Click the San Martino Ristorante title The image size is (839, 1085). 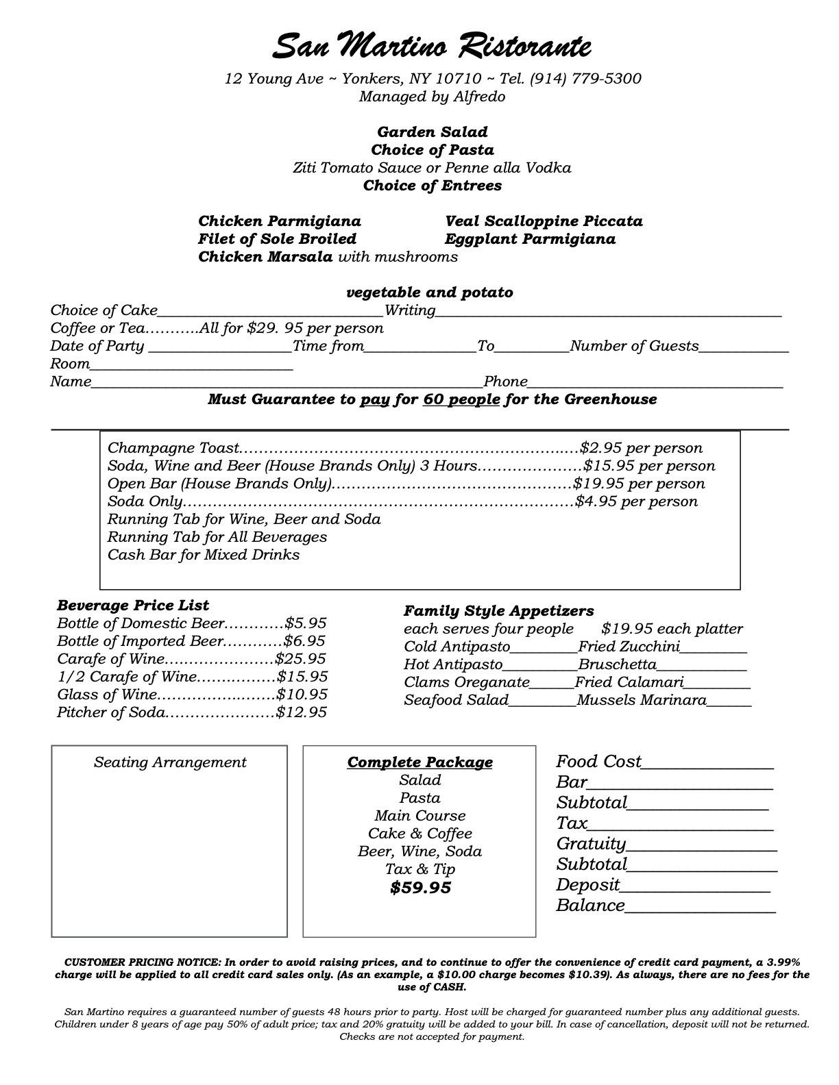432,47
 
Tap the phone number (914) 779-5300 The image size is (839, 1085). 585,79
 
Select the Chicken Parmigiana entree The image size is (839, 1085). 280,221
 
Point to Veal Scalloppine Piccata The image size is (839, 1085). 544,221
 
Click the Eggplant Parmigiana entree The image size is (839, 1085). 530,239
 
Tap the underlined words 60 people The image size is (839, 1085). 461,399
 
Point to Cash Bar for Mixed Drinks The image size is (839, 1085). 204,555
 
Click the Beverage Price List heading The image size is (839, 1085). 133,606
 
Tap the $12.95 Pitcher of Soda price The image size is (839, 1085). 302,712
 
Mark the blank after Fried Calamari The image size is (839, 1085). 718,684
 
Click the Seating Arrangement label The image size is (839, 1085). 170,762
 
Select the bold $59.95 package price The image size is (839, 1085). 420,888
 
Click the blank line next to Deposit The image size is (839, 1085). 695,887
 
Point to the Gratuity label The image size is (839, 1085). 591,844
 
